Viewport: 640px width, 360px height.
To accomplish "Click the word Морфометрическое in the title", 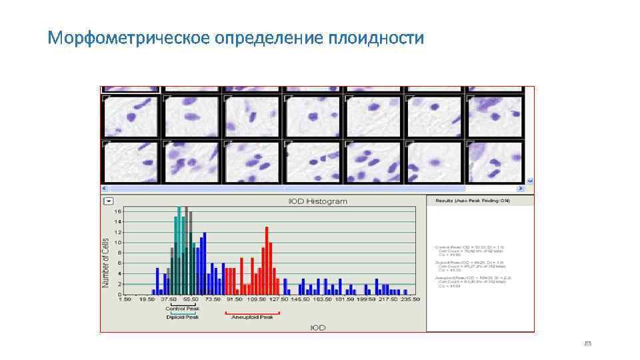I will tap(129, 38).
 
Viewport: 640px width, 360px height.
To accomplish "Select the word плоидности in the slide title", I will tap(375, 38).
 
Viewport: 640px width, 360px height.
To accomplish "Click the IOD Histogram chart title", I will tap(317, 201).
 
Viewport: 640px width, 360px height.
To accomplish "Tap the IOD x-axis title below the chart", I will tap(317, 327).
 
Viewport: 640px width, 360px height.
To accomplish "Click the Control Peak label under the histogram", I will tap(183, 309).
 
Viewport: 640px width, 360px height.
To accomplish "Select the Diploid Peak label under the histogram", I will tap(183, 317).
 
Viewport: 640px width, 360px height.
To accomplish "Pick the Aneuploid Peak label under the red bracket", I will tap(252, 317).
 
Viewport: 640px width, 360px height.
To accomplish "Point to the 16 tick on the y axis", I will tap(118, 211).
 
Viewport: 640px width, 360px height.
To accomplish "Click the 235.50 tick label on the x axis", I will tap(410, 299).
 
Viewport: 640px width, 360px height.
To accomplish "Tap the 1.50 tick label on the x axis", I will tap(125, 299).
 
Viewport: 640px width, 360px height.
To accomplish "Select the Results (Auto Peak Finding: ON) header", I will tap(472, 201).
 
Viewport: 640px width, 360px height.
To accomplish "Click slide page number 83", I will tap(587, 343).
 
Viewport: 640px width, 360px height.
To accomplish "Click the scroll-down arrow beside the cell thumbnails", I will tap(530, 180).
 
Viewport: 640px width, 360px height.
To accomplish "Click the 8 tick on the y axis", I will tap(119, 253).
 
